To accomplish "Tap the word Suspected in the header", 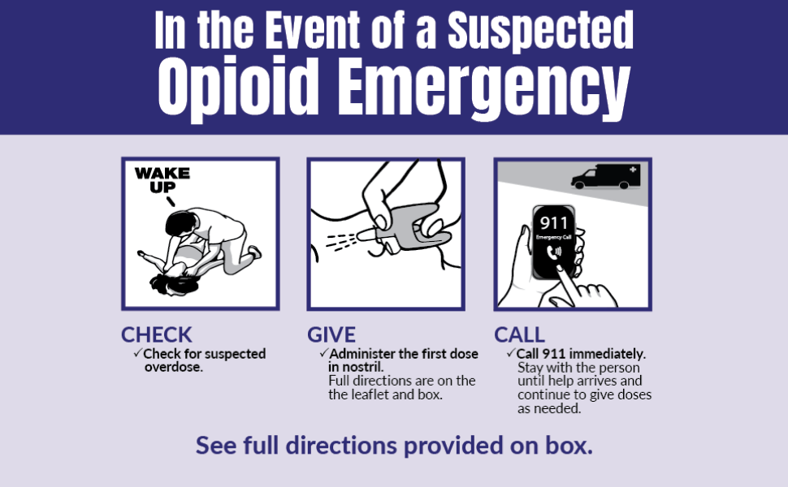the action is [540, 31].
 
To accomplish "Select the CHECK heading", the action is [157, 334].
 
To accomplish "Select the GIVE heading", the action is [331, 334].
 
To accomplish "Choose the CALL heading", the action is [519, 334].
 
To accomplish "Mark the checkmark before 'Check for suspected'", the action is [137, 354].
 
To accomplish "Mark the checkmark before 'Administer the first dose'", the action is [323, 354].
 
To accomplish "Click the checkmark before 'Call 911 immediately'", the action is [510, 354].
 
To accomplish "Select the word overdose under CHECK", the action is [167, 367].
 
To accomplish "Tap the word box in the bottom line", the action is [574, 446].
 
